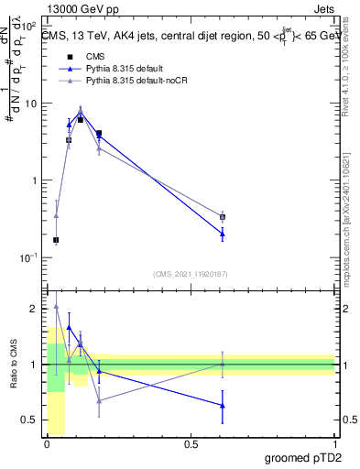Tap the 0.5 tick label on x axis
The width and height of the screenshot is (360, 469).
191,444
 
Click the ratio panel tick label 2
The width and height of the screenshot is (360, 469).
35,309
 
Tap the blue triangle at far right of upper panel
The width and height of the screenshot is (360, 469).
223,234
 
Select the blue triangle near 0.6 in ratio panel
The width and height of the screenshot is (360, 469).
223,405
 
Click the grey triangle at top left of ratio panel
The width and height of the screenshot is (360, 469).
56,308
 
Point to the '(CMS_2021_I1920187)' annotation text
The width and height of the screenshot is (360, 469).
191,274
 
